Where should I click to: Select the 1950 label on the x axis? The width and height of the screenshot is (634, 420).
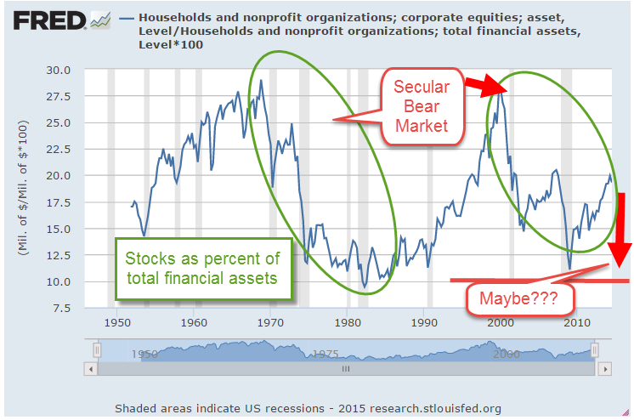(x=116, y=324)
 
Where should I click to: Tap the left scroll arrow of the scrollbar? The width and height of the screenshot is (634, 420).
(x=90, y=369)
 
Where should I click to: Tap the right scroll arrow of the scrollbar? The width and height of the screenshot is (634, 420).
(x=603, y=369)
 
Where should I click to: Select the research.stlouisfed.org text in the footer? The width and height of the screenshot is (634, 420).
(x=429, y=408)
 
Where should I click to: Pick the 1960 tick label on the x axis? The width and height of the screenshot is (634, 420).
(x=193, y=324)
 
